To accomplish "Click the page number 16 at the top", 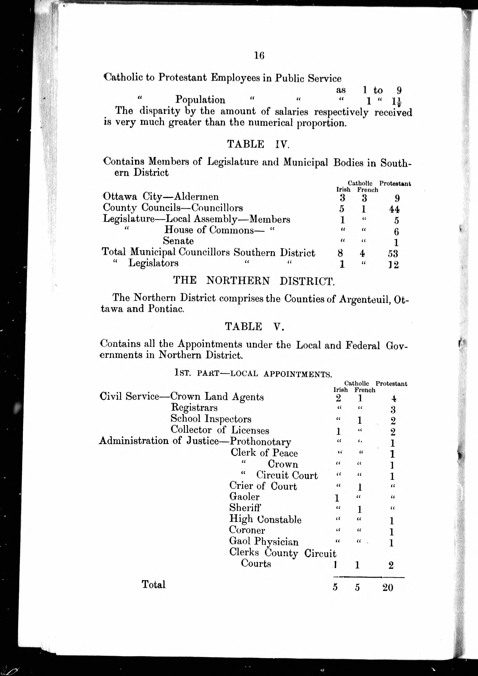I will click(x=259, y=55).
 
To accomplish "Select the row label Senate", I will click(x=178, y=241).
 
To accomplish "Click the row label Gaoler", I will click(x=244, y=497).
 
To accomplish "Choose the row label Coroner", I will click(x=247, y=530).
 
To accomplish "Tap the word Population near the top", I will click(x=200, y=100).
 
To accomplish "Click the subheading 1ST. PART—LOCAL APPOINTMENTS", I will click(x=253, y=373).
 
